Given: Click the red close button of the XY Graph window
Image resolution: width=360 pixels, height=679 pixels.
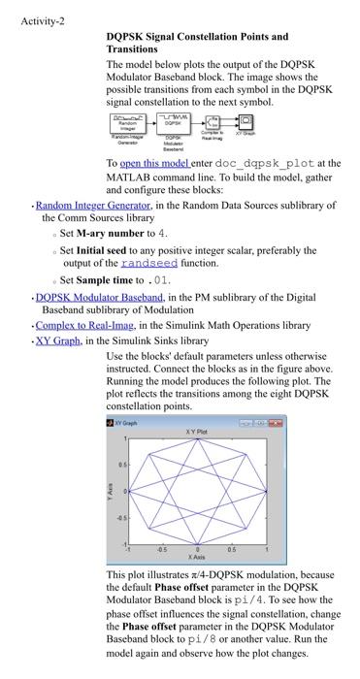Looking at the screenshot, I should pyautogui.click(x=279, y=423).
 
